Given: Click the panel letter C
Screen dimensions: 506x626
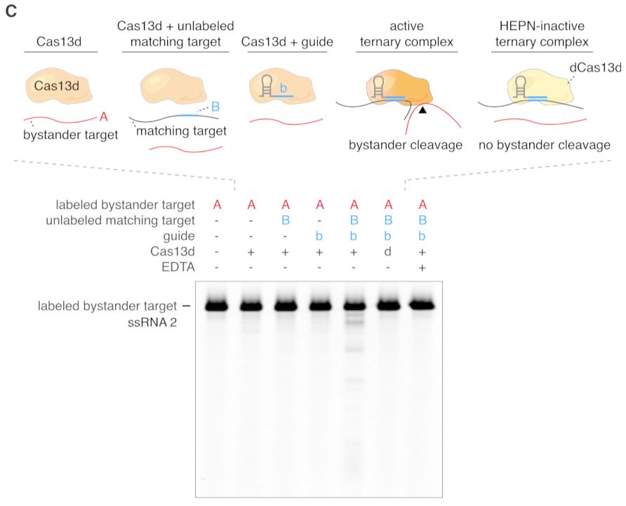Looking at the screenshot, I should click(11, 13).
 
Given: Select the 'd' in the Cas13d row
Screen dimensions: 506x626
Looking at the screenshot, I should click(387, 252).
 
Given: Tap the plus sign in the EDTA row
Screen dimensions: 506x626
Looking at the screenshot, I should click(422, 268).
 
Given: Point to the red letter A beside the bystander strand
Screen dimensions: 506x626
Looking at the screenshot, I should click(104, 116).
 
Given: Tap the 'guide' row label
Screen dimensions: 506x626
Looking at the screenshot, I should click(179, 236).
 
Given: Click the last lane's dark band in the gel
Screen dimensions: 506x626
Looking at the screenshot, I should click(422, 306).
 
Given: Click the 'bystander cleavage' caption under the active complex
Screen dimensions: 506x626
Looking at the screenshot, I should click(405, 145).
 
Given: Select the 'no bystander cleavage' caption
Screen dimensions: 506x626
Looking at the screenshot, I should click(544, 145).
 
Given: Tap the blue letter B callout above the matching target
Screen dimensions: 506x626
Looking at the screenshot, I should click(215, 107).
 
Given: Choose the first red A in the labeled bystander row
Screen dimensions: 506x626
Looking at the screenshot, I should click(217, 205).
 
